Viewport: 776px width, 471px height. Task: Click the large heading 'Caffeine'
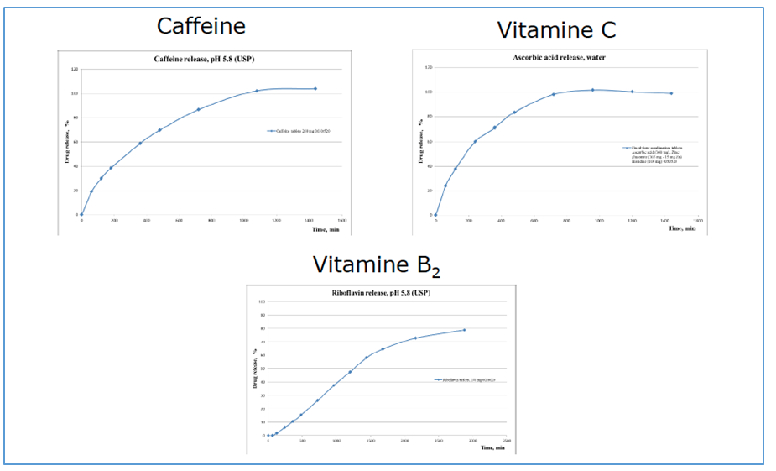click(201, 26)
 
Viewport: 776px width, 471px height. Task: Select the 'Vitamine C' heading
click(556, 30)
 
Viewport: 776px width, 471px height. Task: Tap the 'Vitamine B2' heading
click(377, 265)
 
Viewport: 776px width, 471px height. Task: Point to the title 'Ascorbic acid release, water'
click(559, 57)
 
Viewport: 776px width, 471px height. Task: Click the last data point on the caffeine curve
click(315, 88)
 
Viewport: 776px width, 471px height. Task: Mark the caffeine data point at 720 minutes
click(199, 109)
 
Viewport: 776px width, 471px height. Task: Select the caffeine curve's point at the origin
click(81, 215)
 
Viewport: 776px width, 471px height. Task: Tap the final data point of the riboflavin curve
click(464, 330)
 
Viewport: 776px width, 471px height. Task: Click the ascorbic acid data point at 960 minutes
click(592, 90)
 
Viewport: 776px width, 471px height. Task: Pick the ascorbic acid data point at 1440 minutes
click(671, 93)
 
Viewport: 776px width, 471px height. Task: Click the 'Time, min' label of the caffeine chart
click(324, 228)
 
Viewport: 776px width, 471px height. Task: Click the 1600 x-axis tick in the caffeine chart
click(342, 220)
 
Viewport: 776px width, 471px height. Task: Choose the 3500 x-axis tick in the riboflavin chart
click(506, 440)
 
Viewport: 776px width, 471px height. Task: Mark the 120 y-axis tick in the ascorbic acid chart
click(429, 67)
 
